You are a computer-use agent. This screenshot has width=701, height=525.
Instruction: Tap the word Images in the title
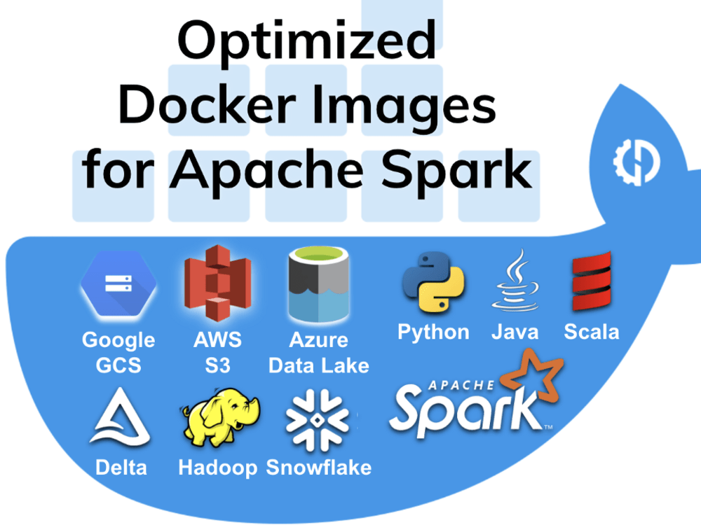pyautogui.click(x=404, y=108)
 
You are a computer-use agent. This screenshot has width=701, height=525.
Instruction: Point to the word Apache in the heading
pyautogui.click(x=267, y=172)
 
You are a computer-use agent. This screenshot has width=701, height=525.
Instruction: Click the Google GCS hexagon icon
pyautogui.click(x=118, y=284)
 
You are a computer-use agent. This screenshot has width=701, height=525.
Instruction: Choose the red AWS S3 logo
pyautogui.click(x=218, y=283)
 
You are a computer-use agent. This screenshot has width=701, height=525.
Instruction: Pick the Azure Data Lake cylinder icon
pyautogui.click(x=318, y=284)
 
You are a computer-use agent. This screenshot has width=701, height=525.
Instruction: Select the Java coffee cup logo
pyautogui.click(x=515, y=281)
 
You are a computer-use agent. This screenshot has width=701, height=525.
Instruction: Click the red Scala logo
pyautogui.click(x=592, y=281)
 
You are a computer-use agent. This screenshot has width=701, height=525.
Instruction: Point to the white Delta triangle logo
pyautogui.click(x=120, y=417)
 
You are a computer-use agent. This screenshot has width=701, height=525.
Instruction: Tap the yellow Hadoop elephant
pyautogui.click(x=220, y=417)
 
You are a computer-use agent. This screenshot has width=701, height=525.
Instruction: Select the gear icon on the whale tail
pyautogui.click(x=637, y=162)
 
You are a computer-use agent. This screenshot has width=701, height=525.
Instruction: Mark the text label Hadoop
pyautogui.click(x=218, y=468)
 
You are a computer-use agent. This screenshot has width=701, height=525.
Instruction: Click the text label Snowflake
pyautogui.click(x=319, y=468)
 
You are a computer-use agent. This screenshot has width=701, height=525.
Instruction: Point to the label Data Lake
pyautogui.click(x=319, y=365)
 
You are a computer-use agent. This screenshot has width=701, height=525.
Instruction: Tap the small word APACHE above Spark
pyautogui.click(x=461, y=385)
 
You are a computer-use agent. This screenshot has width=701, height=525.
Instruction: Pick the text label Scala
pyautogui.click(x=592, y=332)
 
